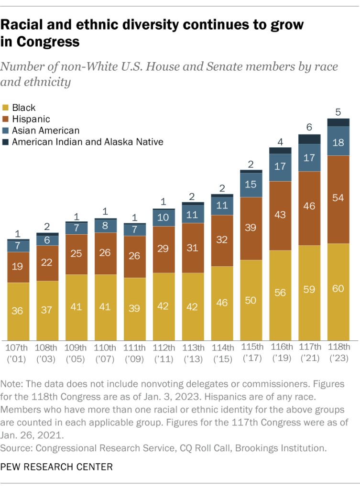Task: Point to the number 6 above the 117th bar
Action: tap(309, 128)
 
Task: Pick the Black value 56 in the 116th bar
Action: tap(280, 292)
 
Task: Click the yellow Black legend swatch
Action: tap(6, 108)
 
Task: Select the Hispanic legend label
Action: tap(31, 119)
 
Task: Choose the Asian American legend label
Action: tap(46, 130)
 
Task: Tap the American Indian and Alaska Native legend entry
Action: tap(87, 141)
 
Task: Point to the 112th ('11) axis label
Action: tap(164, 352)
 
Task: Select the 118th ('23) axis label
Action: tap(338, 352)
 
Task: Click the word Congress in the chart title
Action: tap(48, 42)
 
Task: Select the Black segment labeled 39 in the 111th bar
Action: tap(134, 308)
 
